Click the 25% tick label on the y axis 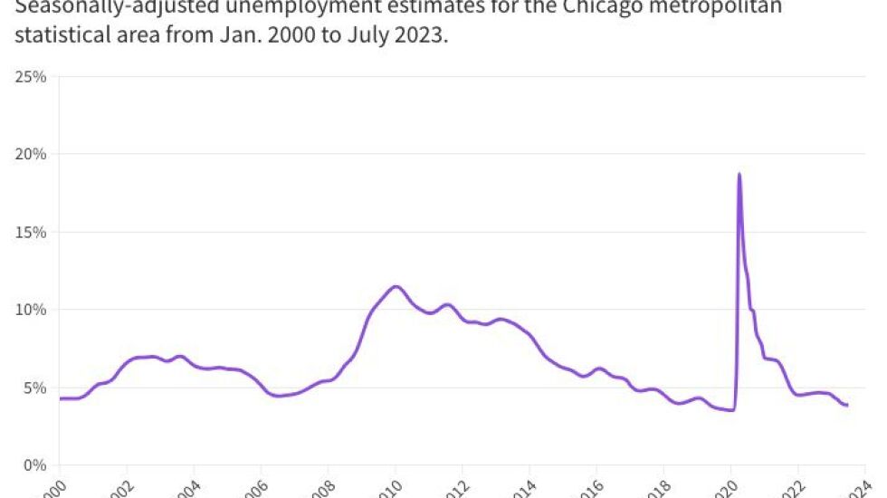tap(31, 77)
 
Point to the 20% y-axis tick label tap(31, 155)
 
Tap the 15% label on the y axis tap(31, 233)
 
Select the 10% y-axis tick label tap(31, 310)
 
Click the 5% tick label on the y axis tap(34, 388)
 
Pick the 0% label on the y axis tap(34, 465)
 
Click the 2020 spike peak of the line tap(739, 174)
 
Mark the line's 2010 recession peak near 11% tap(396, 286)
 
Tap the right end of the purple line tap(847, 405)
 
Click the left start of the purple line tap(61, 398)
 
